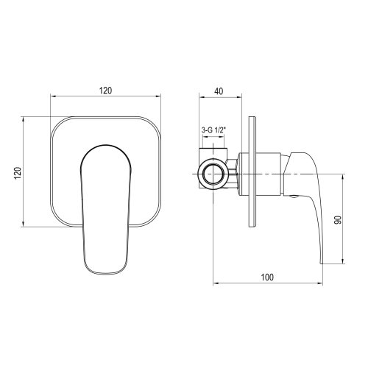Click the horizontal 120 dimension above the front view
pyautogui.click(x=106, y=90)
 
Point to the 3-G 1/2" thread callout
pyautogui.click(x=213, y=130)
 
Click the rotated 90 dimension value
pyautogui.click(x=338, y=220)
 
